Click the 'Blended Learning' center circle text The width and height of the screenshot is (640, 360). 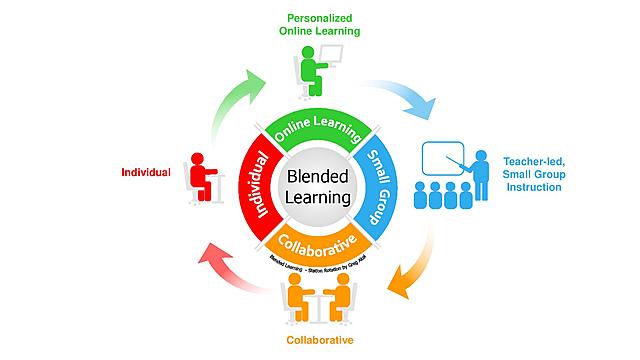click(x=319, y=186)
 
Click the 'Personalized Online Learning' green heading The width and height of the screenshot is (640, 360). click(x=321, y=24)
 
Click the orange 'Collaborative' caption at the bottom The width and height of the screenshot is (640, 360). click(x=321, y=339)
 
